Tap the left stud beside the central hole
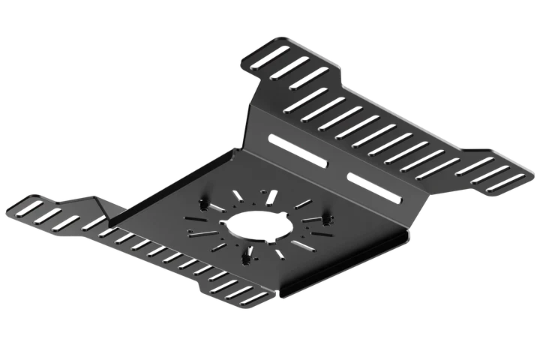tap(205, 203)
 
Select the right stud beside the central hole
tap(327, 220)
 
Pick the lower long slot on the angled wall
tap(373, 188)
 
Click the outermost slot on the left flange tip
tap(22, 204)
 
